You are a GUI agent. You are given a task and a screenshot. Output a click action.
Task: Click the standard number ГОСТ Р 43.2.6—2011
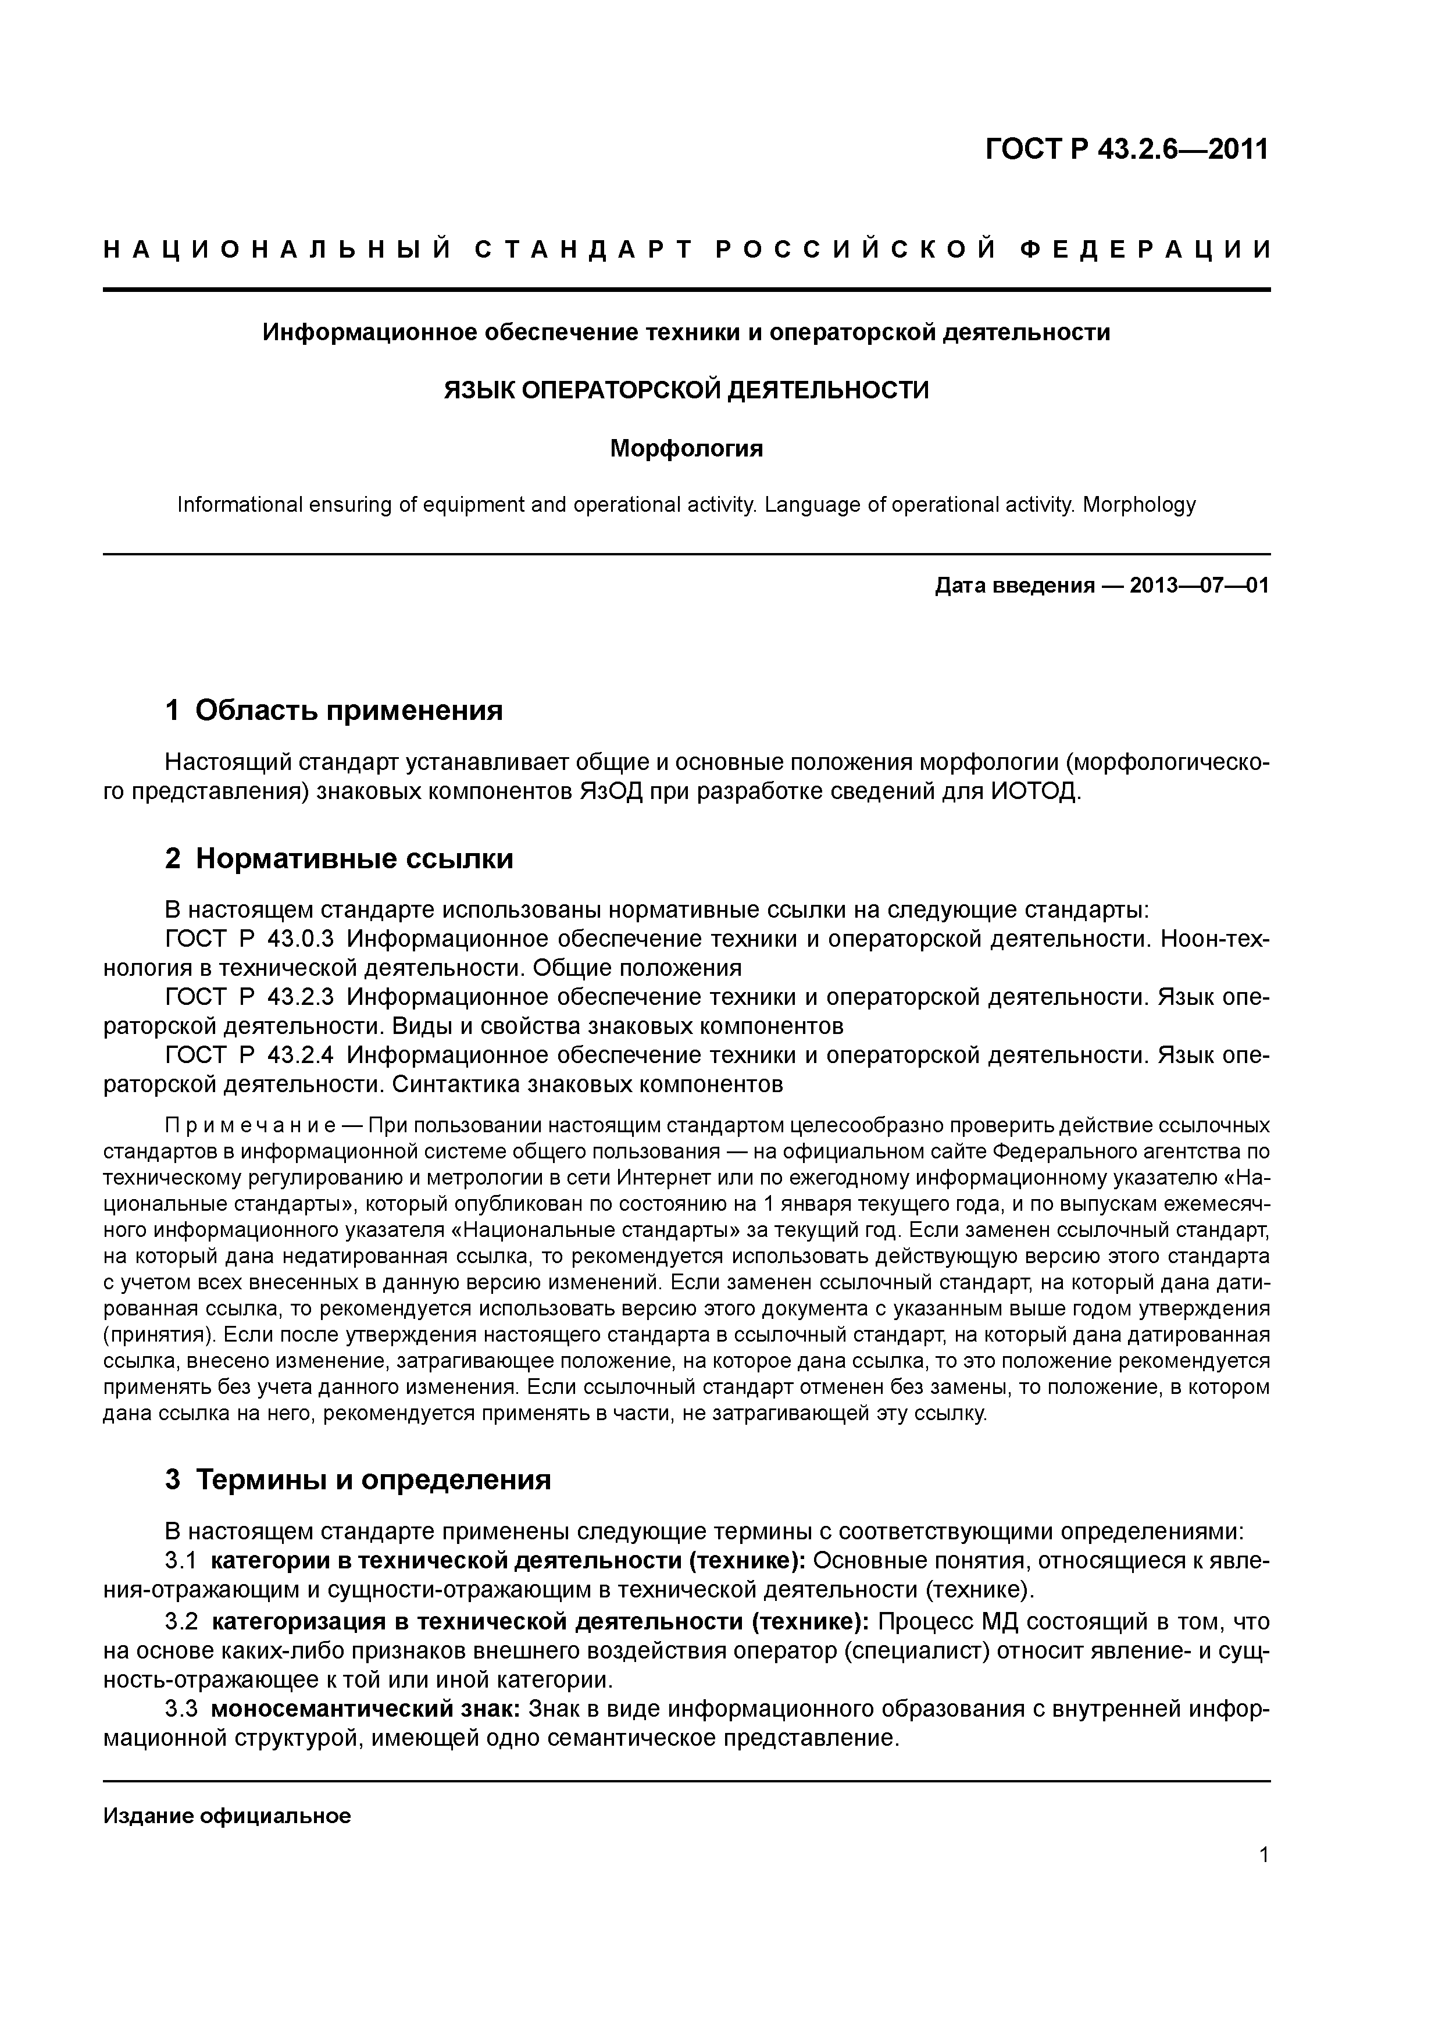1127,149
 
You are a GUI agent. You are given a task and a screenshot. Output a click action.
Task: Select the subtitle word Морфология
686,449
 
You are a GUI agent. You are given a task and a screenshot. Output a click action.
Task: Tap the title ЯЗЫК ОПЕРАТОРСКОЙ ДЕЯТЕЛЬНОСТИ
686,390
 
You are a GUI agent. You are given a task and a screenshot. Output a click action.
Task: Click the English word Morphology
1139,505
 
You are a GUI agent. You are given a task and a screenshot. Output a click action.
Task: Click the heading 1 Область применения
334,710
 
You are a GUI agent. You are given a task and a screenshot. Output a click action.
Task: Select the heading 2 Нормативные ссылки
340,859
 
